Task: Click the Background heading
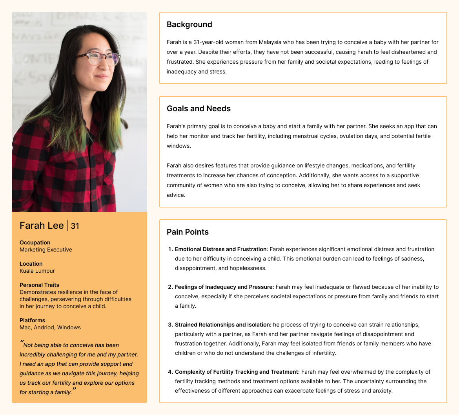point(189,24)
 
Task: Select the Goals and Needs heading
point(199,108)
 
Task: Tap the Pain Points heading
point(188,232)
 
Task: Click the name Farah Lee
point(42,226)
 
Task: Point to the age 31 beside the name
point(75,226)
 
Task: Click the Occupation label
point(35,242)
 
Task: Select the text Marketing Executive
point(46,250)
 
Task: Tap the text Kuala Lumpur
point(37,271)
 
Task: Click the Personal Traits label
point(40,285)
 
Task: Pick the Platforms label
point(32,320)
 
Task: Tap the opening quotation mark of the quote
point(22,343)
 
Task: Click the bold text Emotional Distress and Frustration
point(221,249)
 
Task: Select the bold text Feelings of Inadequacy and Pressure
point(224,287)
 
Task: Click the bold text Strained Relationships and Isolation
point(223,325)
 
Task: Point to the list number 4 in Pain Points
point(170,372)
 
